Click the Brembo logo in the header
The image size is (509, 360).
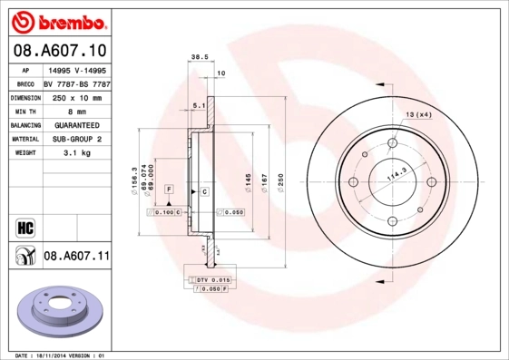coord(56,20)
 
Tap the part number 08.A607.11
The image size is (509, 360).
coord(76,258)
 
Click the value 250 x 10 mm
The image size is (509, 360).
coord(76,97)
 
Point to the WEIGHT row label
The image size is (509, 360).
coord(24,153)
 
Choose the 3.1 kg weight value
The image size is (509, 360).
coord(76,153)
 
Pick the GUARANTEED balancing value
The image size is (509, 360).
coord(76,125)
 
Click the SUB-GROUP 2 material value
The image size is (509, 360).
coord(76,140)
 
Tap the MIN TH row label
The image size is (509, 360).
coord(24,112)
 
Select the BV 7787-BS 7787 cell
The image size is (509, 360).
coord(76,83)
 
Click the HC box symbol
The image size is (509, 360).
coord(24,225)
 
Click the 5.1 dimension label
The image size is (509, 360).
coord(198,106)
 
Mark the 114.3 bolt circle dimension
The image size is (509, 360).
coord(396,179)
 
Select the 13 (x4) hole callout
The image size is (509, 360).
coord(418,114)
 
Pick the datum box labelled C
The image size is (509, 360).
coord(205,192)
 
